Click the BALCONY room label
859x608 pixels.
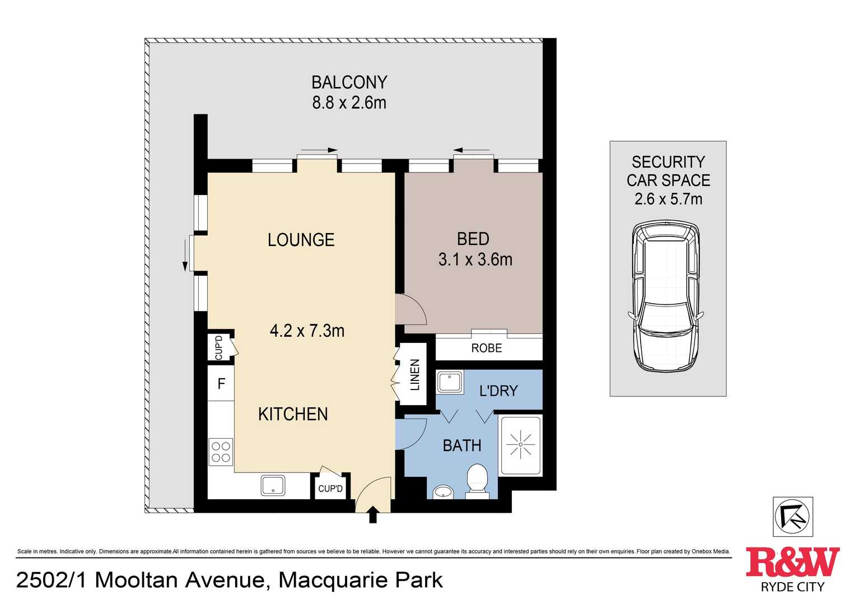click(x=349, y=82)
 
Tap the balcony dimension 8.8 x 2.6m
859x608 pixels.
click(x=349, y=103)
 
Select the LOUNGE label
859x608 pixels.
click(x=301, y=240)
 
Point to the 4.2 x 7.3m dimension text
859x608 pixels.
click(x=307, y=331)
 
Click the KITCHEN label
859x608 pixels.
click(x=293, y=414)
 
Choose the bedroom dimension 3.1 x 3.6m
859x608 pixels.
click(x=475, y=259)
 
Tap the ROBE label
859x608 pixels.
click(x=486, y=348)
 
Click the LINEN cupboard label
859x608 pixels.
click(x=415, y=374)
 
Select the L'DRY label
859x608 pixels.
click(x=498, y=391)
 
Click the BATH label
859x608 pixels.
click(x=462, y=445)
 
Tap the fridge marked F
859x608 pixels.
click(x=221, y=384)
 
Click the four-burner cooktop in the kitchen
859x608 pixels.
click(x=221, y=452)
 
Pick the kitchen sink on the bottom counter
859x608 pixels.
click(x=273, y=485)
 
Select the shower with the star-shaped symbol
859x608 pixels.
click(x=520, y=445)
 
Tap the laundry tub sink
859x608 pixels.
click(x=449, y=382)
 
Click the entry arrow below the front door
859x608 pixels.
click(x=373, y=514)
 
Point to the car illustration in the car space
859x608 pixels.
click(x=666, y=296)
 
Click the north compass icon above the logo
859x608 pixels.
click(x=792, y=516)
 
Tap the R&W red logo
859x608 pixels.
click(x=792, y=562)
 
